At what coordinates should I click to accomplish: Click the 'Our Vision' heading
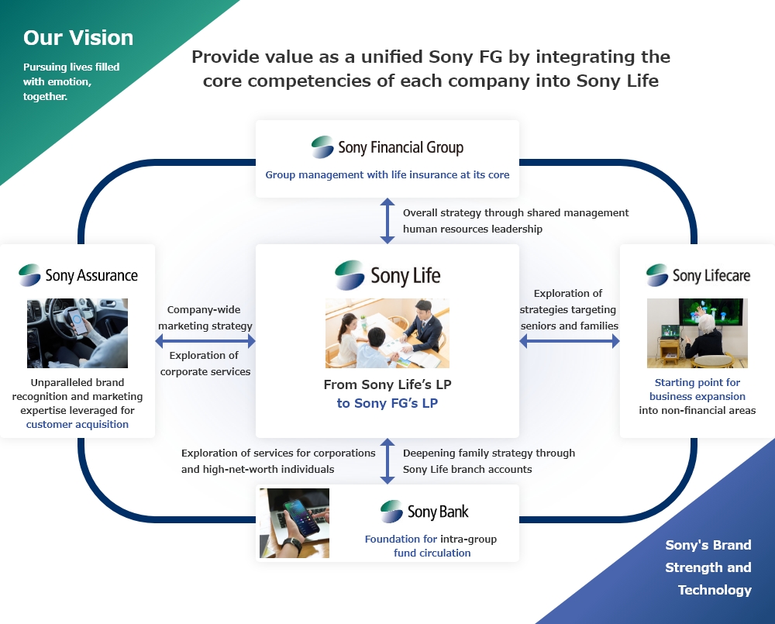point(78,38)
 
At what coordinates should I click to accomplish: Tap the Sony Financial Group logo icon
point(322,147)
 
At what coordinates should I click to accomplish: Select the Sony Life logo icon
point(350,275)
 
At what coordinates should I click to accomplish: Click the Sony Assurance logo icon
point(29,275)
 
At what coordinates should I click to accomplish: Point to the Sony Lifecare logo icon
point(657,275)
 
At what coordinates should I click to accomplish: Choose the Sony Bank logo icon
point(391,512)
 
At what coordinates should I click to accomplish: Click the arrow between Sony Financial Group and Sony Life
point(387,220)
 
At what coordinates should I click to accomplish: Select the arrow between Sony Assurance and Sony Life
point(205,340)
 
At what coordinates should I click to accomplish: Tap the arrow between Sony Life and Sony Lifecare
point(570,340)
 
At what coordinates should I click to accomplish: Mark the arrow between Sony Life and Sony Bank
point(387,461)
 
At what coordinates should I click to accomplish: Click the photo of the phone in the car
point(77,333)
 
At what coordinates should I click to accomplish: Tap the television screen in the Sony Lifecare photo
point(711,312)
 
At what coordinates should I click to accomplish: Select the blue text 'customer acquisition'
point(77,424)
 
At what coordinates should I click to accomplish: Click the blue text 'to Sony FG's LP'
point(387,403)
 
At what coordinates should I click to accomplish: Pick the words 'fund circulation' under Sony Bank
point(432,553)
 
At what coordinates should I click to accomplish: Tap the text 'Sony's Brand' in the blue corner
point(708,545)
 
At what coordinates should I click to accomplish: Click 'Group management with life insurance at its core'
point(387,174)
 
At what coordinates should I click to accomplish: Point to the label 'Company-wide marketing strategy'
point(205,318)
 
